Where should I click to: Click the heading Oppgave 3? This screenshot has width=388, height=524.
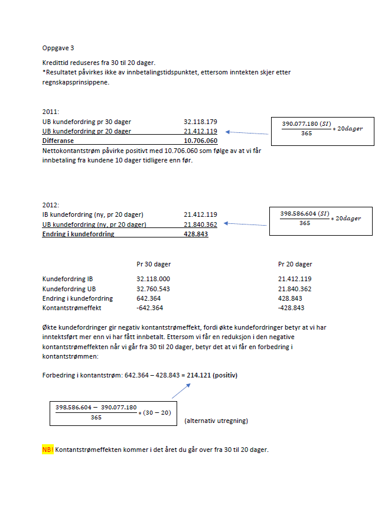[58, 47]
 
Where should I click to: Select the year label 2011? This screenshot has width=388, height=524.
[51, 112]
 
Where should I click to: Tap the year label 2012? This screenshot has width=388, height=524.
[51, 205]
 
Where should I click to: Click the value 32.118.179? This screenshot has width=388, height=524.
[200, 122]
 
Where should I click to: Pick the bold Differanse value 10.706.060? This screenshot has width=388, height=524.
[200, 141]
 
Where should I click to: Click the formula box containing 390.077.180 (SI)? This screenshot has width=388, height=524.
[321, 128]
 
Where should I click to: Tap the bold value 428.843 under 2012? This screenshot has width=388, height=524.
[196, 234]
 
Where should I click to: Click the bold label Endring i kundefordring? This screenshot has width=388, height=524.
[79, 234]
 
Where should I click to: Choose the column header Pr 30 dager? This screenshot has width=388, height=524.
[154, 264]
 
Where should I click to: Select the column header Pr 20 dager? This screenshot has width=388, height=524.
[295, 264]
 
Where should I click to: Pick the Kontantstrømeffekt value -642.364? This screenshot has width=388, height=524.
[149, 308]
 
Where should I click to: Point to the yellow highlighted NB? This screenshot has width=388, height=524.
[48, 450]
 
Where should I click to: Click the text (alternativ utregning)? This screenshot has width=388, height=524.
[216, 421]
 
